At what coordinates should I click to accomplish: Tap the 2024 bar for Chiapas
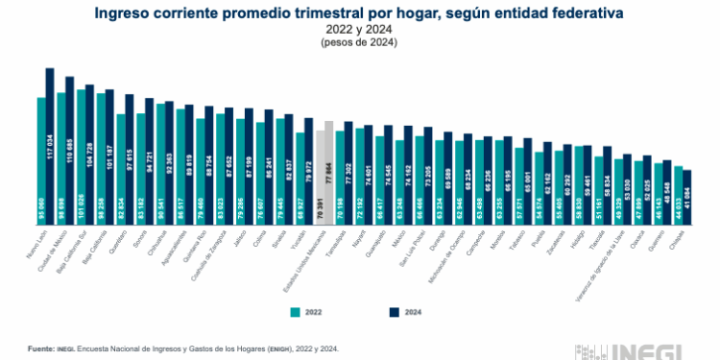click(x=687, y=198)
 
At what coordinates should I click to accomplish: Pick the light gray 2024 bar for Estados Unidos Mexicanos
click(x=329, y=173)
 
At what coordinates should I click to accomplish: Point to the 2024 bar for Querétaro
click(x=130, y=159)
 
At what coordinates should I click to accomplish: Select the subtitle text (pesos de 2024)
click(x=360, y=42)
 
